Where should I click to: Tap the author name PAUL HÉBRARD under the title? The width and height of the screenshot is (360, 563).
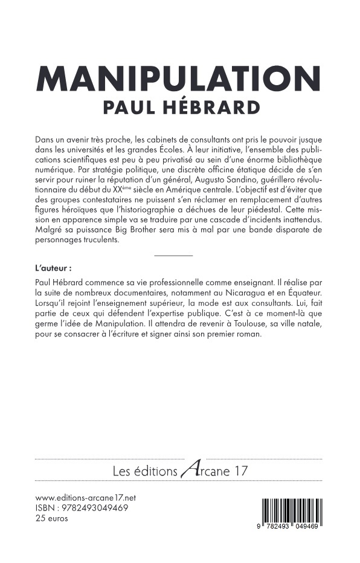coord(179,107)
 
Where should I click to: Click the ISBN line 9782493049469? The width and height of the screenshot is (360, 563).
coord(82,508)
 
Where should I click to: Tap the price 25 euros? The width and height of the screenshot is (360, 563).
coord(52,519)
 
